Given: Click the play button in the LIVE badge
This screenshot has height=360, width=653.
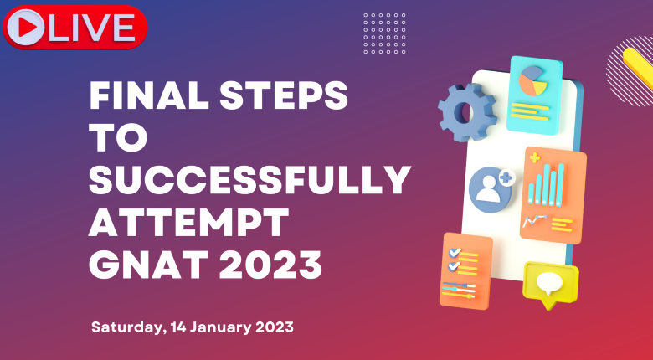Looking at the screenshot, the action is (x=25, y=28).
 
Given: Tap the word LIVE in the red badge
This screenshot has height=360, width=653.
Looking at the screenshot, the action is (x=91, y=28).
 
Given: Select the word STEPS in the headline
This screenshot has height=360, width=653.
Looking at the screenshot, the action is (x=283, y=95).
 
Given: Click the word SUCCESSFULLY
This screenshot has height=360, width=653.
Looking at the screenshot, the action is (x=249, y=180).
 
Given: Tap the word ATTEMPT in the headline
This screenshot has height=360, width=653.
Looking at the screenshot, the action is (x=188, y=223).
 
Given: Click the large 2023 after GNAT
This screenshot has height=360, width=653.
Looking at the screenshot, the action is (x=270, y=265).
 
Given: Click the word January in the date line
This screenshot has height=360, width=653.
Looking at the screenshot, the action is (x=221, y=327).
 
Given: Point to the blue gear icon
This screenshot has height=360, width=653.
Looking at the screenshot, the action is (x=467, y=112).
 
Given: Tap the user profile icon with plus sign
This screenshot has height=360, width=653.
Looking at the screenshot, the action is (x=491, y=189).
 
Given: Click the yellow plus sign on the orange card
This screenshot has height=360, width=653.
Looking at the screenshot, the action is (x=535, y=158).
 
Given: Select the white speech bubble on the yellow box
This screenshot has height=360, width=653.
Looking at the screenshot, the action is (x=549, y=282).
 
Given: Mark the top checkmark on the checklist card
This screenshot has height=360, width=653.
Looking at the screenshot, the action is (x=455, y=253).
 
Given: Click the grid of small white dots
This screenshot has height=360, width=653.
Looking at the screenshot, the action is (x=384, y=33).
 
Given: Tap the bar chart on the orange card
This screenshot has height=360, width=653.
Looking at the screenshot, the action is (x=546, y=184).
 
